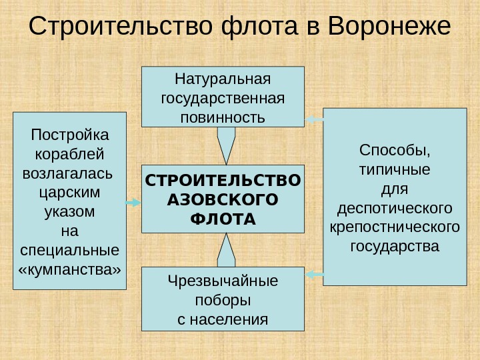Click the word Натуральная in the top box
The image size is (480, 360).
point(223,80)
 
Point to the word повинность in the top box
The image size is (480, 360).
point(223,118)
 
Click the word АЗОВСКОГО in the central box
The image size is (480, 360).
point(223,199)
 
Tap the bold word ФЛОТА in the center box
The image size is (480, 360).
point(223,219)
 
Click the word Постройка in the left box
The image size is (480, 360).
point(70,135)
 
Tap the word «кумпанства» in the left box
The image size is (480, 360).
point(70,270)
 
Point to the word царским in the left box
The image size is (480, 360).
point(70,193)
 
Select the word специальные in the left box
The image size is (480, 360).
point(70,251)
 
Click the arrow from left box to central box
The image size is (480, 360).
point(133,203)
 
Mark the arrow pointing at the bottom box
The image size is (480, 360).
point(314,273)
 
